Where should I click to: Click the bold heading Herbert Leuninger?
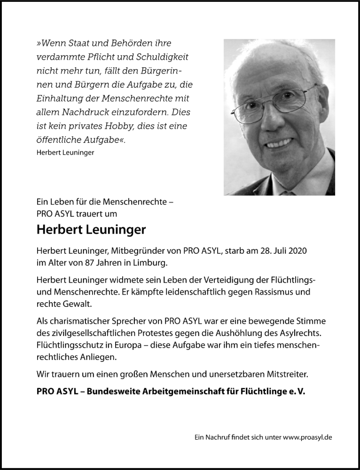(91, 230)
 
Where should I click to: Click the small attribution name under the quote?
(64, 152)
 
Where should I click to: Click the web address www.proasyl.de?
(307, 437)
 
